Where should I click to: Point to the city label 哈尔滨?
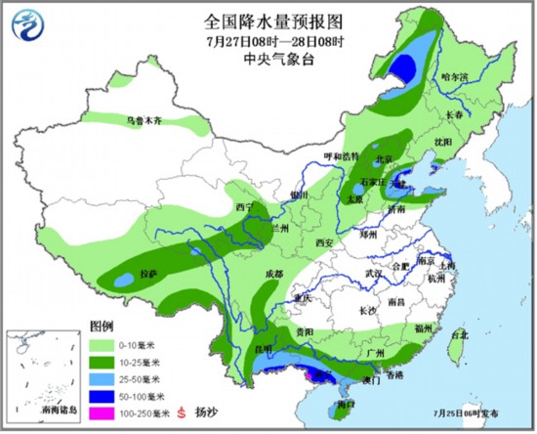pyautogui.click(x=455, y=75)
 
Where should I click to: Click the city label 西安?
pyautogui.click(x=325, y=242)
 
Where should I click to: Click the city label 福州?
pyautogui.click(x=423, y=327)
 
